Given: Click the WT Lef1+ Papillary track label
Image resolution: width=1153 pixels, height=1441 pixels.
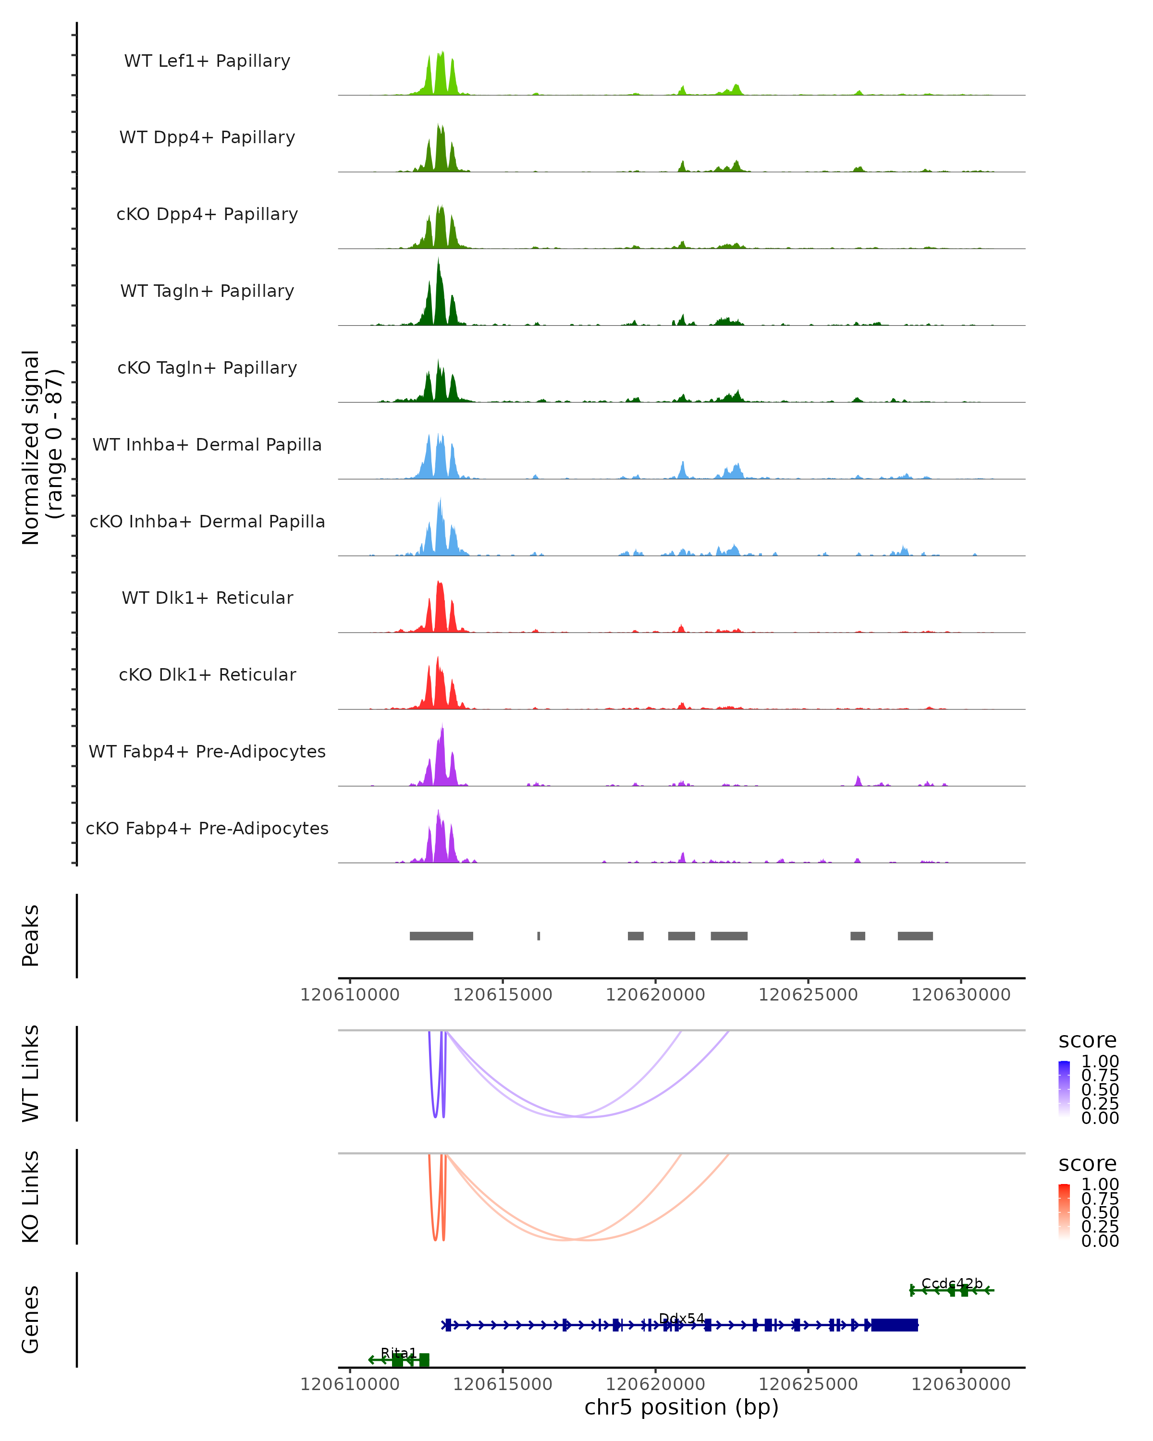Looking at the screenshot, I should [207, 61].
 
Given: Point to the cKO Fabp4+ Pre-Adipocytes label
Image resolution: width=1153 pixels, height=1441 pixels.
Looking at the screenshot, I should [207, 828].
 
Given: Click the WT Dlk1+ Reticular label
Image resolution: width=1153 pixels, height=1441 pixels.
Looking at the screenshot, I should [207, 598].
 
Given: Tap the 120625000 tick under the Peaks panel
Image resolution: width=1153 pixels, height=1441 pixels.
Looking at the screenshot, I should [808, 995].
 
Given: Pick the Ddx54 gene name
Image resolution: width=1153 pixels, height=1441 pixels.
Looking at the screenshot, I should [681, 1319].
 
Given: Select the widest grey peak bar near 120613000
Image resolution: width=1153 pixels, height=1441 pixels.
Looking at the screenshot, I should [441, 936].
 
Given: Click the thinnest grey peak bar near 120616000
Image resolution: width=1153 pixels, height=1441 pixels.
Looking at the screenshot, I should [539, 936].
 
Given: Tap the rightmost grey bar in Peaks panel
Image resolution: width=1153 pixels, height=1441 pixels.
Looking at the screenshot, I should [915, 936].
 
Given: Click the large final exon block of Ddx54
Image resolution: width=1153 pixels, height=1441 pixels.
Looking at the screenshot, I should [895, 1325].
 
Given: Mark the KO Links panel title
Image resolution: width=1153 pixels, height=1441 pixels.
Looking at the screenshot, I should [31, 1197].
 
